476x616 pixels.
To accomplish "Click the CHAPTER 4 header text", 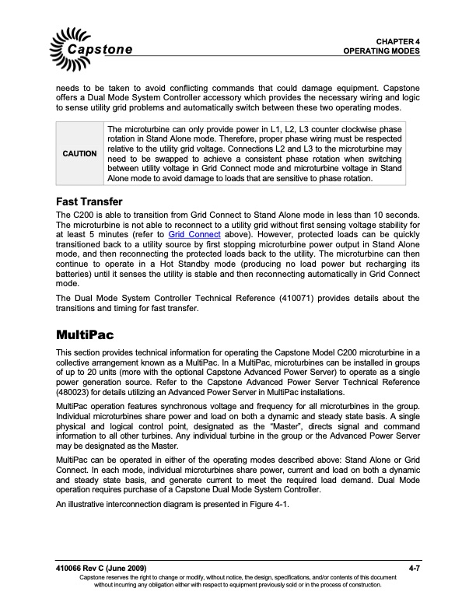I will click(398, 40).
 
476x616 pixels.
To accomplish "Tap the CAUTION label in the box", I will click(79, 154).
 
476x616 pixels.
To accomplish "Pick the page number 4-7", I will click(414, 569).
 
